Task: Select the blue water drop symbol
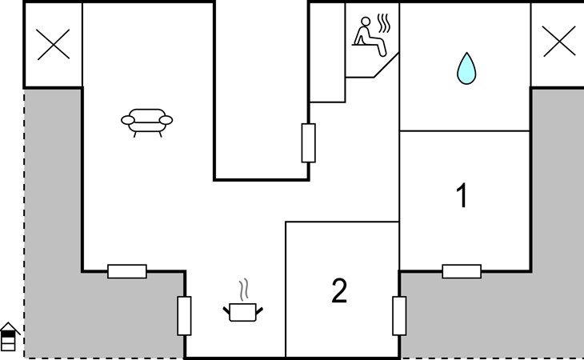point(464,68)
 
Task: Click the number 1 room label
point(462,197)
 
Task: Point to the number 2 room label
point(339,291)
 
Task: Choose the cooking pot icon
point(245,310)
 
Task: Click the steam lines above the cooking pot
point(245,287)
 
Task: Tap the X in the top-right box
point(558,42)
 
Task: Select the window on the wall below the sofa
point(127,271)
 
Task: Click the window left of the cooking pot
point(185,315)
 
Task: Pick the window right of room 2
point(399,315)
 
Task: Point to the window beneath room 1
point(462,271)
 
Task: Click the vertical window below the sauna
point(309,143)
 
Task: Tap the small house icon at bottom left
point(9,338)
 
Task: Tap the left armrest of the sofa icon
point(127,121)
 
